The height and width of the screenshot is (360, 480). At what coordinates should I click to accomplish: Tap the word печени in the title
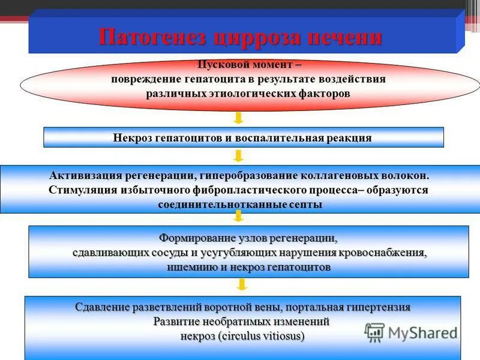pyautogui.click(x=344, y=37)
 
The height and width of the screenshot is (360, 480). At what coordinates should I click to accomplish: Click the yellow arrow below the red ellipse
pyautogui.click(x=238, y=118)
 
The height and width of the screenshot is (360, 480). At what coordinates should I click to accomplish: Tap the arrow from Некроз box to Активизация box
pyautogui.click(x=238, y=156)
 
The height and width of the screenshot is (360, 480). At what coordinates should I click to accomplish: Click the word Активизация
pyautogui.click(x=85, y=176)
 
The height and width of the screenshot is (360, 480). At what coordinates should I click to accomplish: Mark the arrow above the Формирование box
pyautogui.click(x=238, y=218)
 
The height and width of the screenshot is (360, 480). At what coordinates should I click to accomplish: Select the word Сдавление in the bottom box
pyautogui.click(x=103, y=307)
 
